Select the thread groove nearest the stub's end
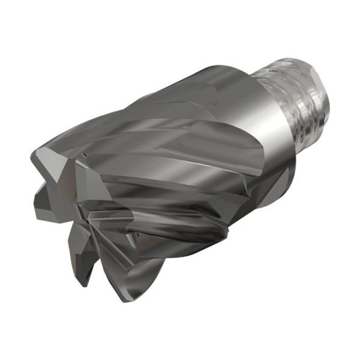[x=312, y=78]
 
